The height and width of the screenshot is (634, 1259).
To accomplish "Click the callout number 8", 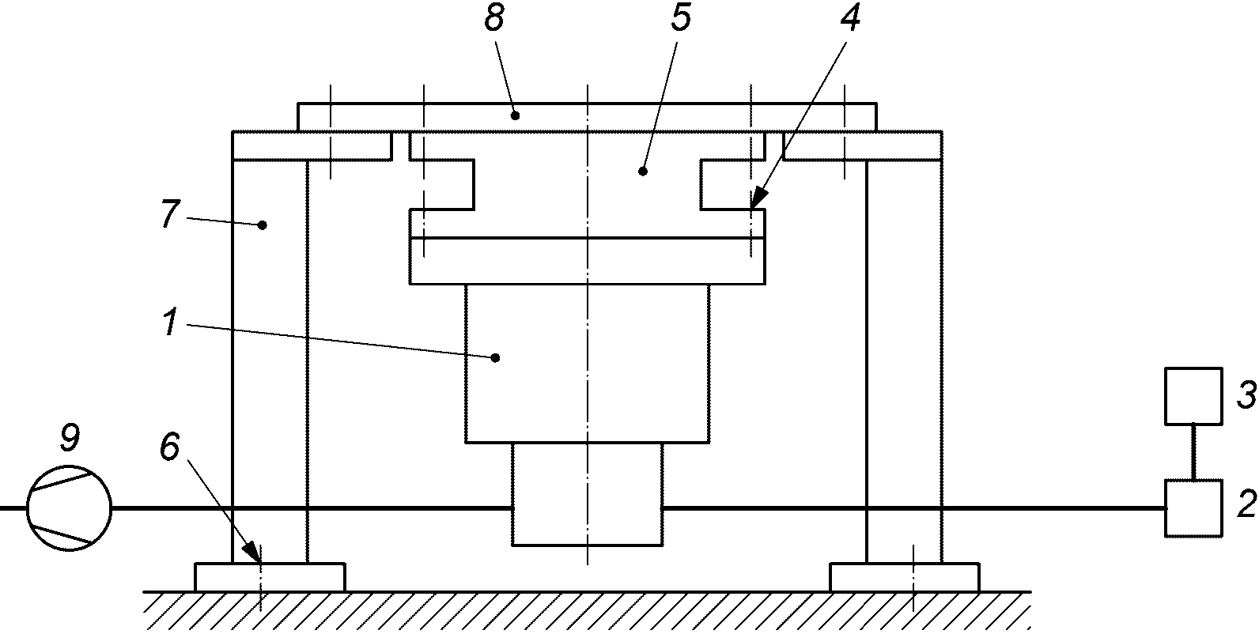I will (493, 19).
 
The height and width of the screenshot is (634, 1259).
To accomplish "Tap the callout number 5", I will (680, 19).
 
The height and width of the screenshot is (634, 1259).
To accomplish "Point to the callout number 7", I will (168, 214).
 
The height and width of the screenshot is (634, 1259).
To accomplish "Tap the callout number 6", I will (170, 447).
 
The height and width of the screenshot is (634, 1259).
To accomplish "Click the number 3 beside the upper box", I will (1245, 395).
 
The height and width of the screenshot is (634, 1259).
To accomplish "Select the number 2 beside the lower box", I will (1246, 504).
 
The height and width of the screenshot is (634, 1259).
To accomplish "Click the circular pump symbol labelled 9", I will (69, 509).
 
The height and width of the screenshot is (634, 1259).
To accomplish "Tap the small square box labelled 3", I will (1193, 395).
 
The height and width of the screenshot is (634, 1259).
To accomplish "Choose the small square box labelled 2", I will (1193, 508).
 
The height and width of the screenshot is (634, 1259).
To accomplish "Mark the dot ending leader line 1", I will (496, 357).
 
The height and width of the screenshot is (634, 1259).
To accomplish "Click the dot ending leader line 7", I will (263, 225).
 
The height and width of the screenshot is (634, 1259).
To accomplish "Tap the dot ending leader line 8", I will (515, 115).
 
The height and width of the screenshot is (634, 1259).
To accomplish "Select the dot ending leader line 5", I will (642, 170).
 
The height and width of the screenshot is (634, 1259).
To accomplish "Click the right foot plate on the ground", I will (904, 576).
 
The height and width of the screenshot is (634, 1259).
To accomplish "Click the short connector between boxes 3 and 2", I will (1193, 451).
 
